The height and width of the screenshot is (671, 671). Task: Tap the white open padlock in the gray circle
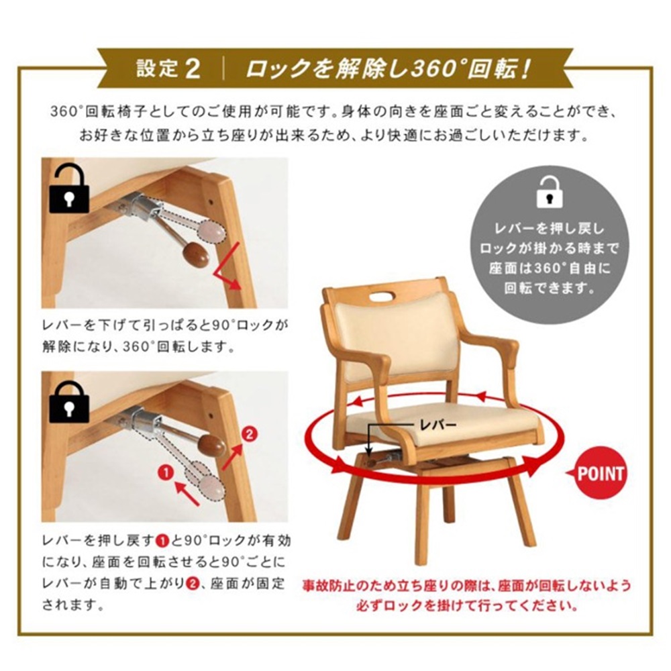[550, 191]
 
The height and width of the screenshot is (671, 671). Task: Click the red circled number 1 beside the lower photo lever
[166, 473]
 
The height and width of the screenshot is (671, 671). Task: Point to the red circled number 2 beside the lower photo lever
[249, 435]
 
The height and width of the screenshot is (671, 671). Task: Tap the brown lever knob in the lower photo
[212, 446]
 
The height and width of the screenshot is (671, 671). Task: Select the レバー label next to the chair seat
[437, 425]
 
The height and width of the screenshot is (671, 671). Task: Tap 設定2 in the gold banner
[168, 68]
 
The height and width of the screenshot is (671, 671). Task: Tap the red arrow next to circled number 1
[187, 494]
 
